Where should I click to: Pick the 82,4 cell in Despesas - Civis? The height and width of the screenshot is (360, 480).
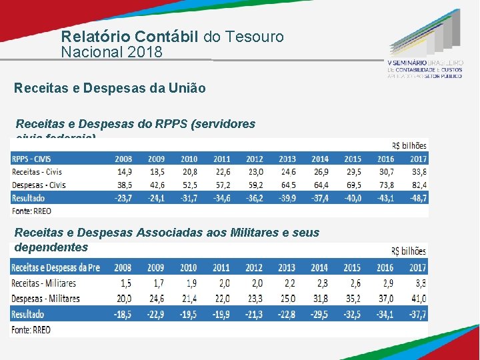418,185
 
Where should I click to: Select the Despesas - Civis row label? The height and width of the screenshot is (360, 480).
39,185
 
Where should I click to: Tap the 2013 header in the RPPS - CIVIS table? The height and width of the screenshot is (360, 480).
287,159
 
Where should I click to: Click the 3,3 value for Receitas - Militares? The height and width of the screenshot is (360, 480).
419,283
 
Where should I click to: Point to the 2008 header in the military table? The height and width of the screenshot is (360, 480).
123,268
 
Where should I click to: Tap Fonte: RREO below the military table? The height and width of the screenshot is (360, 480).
31,329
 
